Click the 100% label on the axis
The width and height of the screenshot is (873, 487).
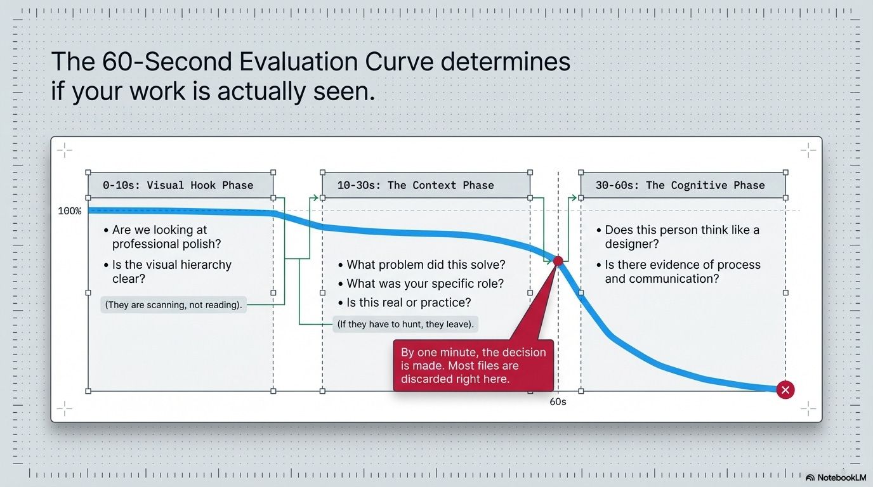coord(70,211)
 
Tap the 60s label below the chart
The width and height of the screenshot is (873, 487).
coord(558,401)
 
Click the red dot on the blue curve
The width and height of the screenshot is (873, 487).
coord(558,261)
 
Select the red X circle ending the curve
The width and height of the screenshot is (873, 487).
coord(785,389)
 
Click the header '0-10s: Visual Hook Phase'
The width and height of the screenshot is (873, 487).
coord(178,185)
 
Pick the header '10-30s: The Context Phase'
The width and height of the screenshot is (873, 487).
coord(416,185)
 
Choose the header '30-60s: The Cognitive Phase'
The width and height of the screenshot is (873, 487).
coord(680,185)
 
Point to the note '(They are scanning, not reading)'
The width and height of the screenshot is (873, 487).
coord(173,304)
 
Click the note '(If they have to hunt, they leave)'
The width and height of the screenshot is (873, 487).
coord(405,324)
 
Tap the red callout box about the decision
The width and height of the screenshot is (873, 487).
coord(473,365)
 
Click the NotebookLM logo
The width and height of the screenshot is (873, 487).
coord(836,477)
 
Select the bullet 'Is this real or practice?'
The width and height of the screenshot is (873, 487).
coord(405,302)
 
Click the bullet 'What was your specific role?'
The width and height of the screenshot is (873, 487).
coord(421,283)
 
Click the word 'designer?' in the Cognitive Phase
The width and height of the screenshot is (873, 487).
coord(632,244)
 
